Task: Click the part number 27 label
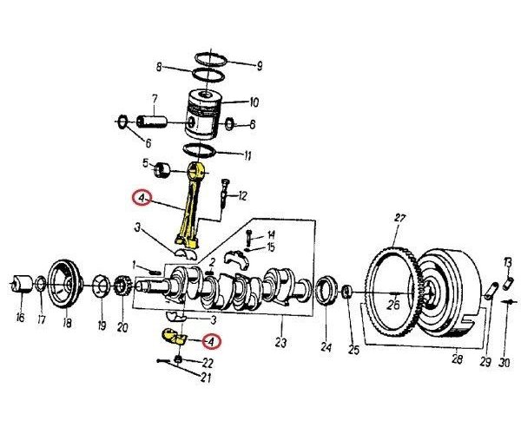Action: click(399, 217)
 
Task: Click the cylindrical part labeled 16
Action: click(23, 284)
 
